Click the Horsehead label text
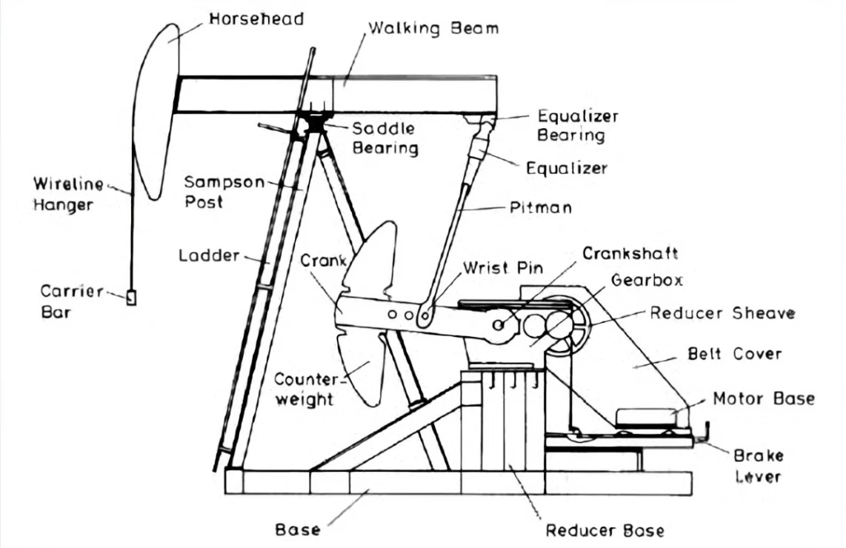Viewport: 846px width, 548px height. tap(256, 19)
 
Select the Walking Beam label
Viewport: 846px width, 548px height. tap(433, 29)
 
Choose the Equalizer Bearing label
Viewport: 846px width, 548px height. tap(578, 126)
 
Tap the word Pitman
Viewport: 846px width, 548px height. tap(541, 207)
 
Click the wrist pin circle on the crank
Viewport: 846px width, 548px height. tap(424, 318)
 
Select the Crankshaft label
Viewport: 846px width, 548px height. tap(630, 254)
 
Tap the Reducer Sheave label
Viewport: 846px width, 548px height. tap(722, 313)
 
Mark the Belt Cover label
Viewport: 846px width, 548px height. tap(733, 353)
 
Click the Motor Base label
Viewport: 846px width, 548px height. tap(763, 398)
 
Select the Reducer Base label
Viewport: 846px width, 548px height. tap(604, 530)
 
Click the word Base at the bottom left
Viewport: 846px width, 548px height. tap(298, 530)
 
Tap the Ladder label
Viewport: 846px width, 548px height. tap(209, 256)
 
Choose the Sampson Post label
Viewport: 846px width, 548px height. tap(222, 191)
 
